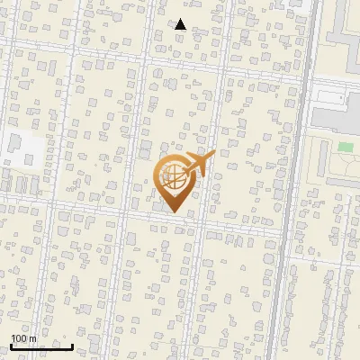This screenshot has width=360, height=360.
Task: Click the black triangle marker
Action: coord(181,24)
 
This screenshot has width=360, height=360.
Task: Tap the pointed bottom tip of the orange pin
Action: coord(174,212)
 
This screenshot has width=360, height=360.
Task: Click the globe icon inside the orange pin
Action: coord(174,180)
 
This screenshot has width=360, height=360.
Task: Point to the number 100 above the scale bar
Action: coord(20,338)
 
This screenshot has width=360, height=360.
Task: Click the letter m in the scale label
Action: coord(33,338)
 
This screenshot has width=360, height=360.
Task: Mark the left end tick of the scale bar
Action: coord(11,345)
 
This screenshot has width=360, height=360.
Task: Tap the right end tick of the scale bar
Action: coord(72,345)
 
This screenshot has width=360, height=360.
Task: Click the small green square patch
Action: coord(346,147)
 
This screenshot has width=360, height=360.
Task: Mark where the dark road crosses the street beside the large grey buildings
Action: coord(300,79)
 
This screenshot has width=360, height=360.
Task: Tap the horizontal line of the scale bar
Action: coord(41,346)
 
